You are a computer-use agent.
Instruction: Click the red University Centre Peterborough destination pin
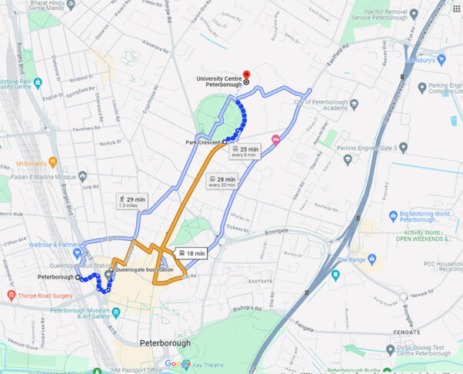pos(246,75)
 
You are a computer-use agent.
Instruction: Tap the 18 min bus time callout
pos(191,252)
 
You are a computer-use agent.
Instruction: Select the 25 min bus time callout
pos(245,152)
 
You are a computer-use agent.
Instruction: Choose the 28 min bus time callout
pos(222,182)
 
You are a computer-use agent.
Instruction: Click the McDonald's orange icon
pos(52,162)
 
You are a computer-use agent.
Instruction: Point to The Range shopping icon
pos(335,273)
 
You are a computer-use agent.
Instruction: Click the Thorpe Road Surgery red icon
pos(11,295)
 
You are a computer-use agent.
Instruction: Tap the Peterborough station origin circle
pos(78,277)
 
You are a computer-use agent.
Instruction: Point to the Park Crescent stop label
pos(204,142)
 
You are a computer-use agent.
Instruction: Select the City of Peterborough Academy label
pos(321,105)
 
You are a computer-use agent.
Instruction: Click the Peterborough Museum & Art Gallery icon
pos(116,312)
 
